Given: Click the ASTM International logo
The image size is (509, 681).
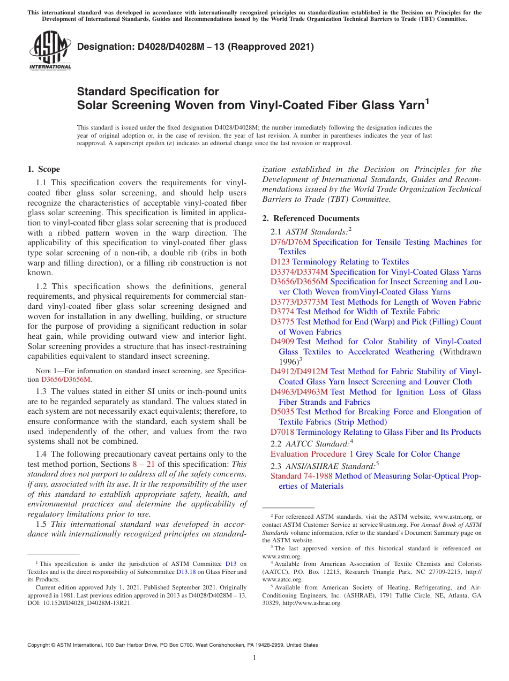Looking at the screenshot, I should tap(50, 50).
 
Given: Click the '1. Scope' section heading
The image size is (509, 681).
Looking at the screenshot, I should tap(43, 169).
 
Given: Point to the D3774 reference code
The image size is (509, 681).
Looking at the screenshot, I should tap(282, 312).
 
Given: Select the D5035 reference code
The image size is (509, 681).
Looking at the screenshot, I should tap(282, 412).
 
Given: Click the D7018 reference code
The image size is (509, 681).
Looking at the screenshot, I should tap(282, 432).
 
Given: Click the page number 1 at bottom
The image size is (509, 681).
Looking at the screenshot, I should tap(254, 658).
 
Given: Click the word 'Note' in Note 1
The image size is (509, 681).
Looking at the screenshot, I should tap(43, 370).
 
